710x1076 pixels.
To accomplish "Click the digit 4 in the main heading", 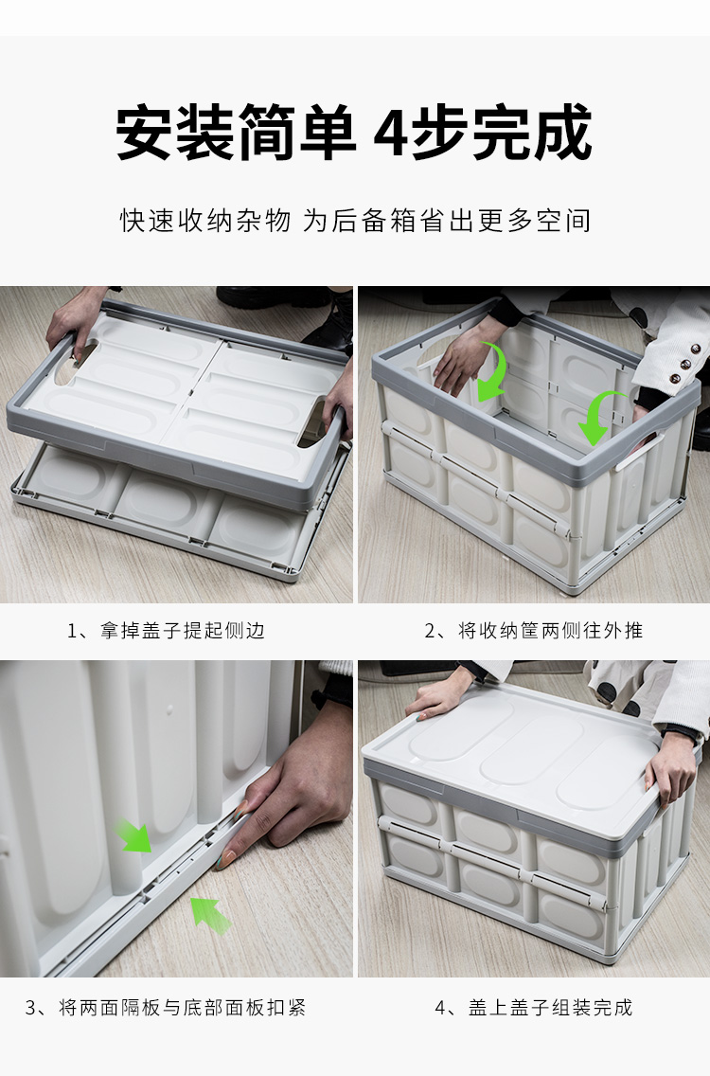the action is (x=392, y=132).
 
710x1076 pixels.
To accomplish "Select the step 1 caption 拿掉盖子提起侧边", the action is (x=183, y=630).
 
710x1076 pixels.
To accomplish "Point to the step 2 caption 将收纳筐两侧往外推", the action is (x=551, y=630).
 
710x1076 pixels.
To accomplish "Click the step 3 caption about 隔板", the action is (x=183, y=1008).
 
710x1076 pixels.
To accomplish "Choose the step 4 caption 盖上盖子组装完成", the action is (x=550, y=1008).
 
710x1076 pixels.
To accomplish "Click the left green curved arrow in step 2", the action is (x=493, y=371).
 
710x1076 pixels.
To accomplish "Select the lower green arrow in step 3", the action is (x=210, y=915).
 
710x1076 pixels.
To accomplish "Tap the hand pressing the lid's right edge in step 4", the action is (x=669, y=766).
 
